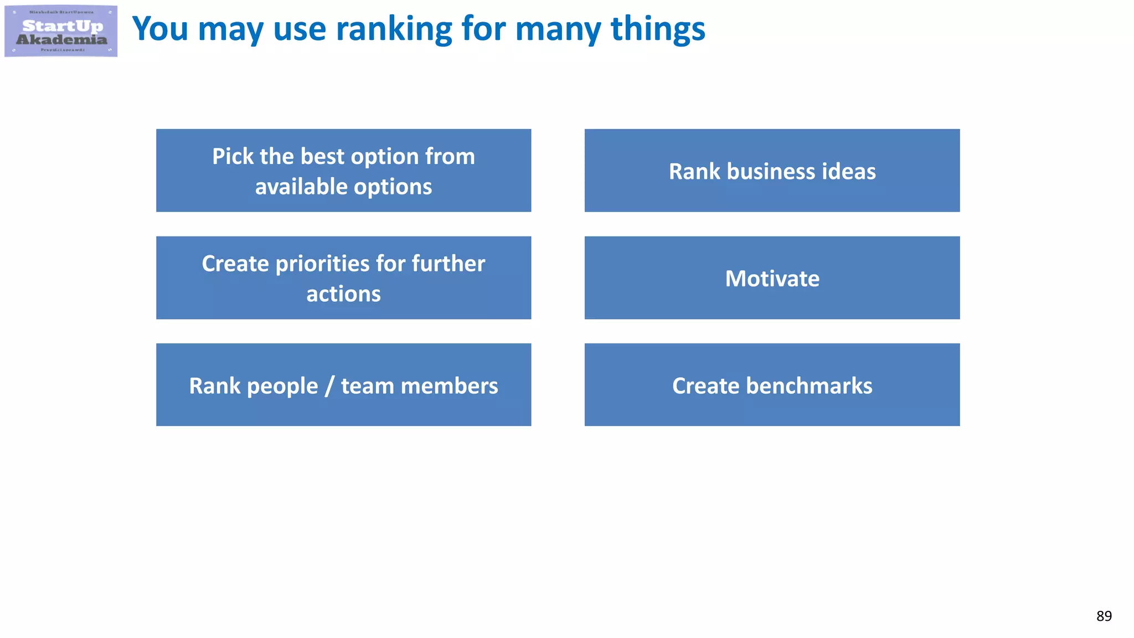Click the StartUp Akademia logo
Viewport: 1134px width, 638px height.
pos(61,32)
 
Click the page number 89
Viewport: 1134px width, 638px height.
pos(1104,616)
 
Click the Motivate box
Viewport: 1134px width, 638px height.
pos(772,278)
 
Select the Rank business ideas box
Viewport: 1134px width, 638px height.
pos(772,171)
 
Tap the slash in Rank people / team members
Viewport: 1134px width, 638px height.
pos(329,386)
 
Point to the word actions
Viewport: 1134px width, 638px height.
pos(343,294)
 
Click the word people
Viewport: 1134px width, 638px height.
pos(282,387)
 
